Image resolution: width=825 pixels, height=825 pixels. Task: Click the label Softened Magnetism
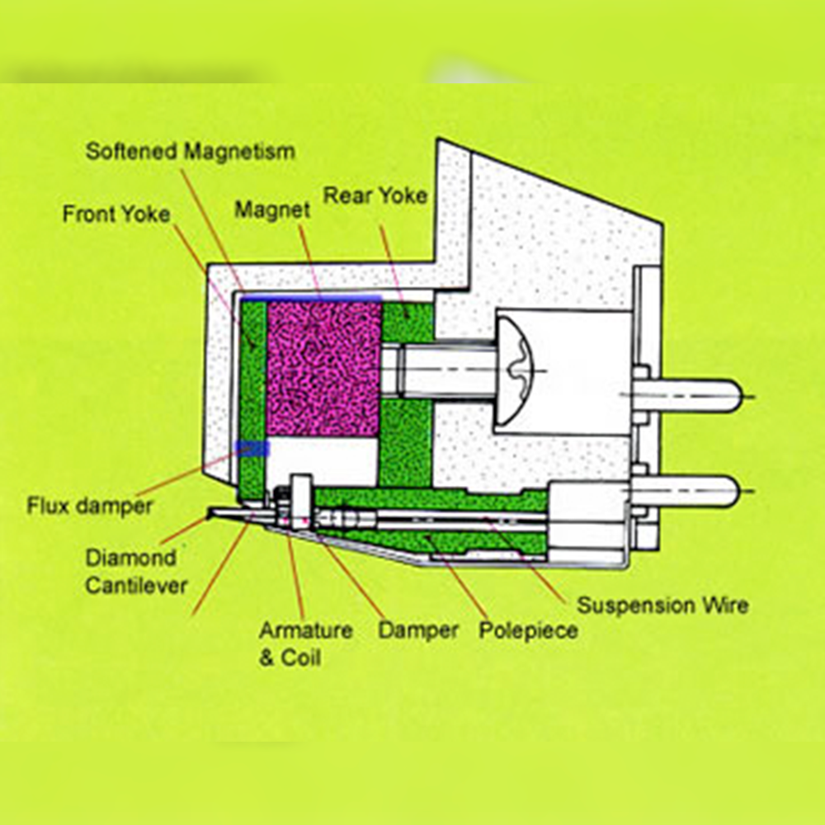click(191, 152)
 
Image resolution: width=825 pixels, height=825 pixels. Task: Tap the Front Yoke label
click(116, 214)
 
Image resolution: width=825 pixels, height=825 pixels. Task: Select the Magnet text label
click(272, 210)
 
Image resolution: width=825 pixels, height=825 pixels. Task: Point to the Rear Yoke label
click(375, 196)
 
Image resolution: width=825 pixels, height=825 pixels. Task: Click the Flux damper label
click(90, 505)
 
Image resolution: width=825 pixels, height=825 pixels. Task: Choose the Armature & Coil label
click(294, 643)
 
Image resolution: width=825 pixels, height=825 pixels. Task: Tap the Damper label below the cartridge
click(417, 631)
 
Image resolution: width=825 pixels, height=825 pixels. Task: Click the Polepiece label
click(528, 631)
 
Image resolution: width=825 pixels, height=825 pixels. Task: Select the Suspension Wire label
click(662, 605)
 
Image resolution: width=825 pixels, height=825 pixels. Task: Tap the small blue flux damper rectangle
click(252, 449)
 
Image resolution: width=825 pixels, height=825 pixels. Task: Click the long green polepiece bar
click(429, 498)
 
